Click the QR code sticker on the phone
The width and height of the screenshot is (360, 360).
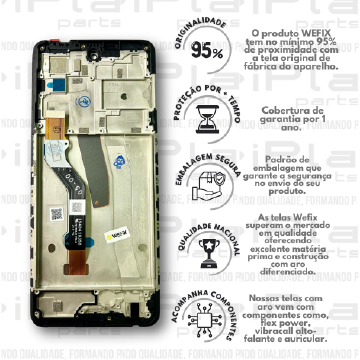[59, 212]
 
